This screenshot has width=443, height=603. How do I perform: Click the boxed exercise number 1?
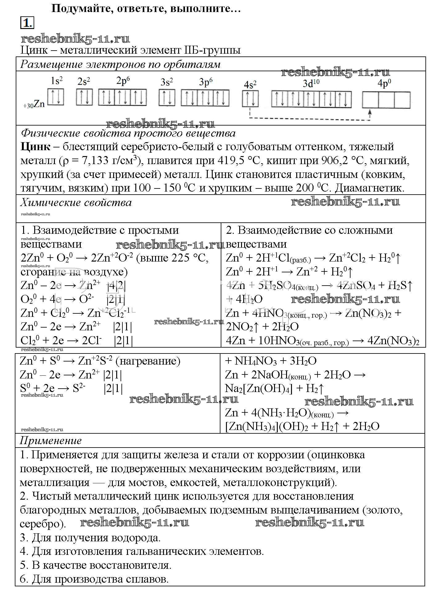pyautogui.click(x=27, y=23)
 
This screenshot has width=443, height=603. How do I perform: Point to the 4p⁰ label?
pyautogui.click(x=384, y=84)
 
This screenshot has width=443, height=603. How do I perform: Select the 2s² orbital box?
pyautogui.click(x=84, y=97)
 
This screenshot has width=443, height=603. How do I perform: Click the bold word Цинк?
pyautogui.click(x=35, y=147)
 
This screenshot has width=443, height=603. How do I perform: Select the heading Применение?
pyautogui.click(x=51, y=440)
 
